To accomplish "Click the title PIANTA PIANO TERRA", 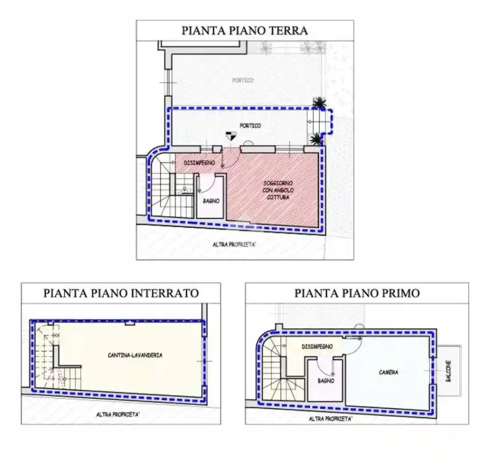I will [244, 31].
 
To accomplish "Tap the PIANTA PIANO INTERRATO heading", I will [121, 293].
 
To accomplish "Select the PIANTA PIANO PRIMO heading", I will [357, 293].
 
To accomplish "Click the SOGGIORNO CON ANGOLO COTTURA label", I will [278, 190].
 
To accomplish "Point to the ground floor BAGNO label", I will [211, 201].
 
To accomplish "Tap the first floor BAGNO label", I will [325, 380].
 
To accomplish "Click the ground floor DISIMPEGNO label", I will [199, 163].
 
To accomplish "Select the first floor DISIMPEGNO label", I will [317, 347].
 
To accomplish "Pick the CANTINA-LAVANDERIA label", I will [135, 355].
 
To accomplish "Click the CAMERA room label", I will [388, 372].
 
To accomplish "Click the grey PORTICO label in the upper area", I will [243, 80].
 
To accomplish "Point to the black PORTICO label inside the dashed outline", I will [250, 126].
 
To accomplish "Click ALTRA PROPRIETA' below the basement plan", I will [118, 415].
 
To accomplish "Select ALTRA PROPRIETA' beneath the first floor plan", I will [330, 418].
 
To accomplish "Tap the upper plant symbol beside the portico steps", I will [318, 103].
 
